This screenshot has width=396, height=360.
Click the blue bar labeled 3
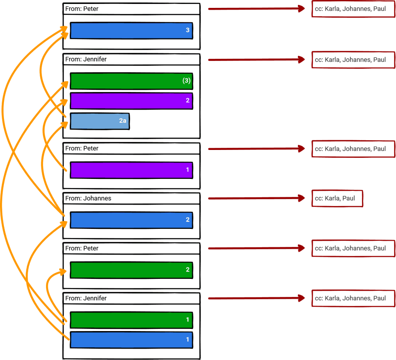click(131, 31)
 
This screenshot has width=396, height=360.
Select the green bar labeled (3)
click(131, 81)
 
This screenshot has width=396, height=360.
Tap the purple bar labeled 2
click(131, 101)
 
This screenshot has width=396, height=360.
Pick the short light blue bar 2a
click(100, 121)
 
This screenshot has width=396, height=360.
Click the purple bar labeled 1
click(131, 170)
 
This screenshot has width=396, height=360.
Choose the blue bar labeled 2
click(131, 220)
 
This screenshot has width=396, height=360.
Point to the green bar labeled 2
click(131, 270)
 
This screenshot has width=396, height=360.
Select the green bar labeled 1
click(131, 320)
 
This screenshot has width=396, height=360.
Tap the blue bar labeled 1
click(131, 340)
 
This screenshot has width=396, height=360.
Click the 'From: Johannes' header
click(131, 199)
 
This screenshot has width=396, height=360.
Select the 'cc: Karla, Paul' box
click(337, 199)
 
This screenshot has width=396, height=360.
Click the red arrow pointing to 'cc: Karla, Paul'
click(256, 199)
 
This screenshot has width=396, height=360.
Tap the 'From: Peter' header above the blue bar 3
click(131, 9)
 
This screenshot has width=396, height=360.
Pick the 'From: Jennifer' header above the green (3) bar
click(131, 59)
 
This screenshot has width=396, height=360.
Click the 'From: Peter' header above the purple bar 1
click(131, 149)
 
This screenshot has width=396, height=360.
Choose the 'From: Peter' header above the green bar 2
click(131, 249)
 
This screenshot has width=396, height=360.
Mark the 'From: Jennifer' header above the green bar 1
click(131, 299)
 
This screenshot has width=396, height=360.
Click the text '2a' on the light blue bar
click(123, 121)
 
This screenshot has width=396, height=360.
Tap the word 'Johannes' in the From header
click(97, 199)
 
